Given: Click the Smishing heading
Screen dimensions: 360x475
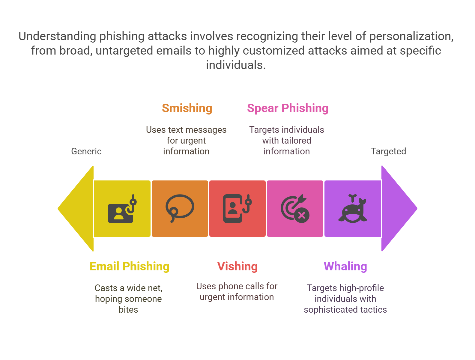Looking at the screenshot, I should point(187,108).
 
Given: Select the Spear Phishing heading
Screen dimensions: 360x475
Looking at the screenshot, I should point(288,108).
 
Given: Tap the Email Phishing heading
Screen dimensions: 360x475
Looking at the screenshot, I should point(130,266).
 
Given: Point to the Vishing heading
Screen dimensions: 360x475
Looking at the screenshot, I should point(237,266).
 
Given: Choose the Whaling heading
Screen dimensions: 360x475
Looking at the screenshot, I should point(345,266).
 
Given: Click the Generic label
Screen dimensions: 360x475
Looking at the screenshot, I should point(86,151).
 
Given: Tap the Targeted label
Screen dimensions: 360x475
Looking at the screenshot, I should point(388,151).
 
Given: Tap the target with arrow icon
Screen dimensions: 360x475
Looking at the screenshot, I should point(295,209).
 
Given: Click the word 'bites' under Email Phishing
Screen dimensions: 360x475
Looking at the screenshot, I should point(128,310).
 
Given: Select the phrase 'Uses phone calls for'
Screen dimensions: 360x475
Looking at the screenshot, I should point(237,286).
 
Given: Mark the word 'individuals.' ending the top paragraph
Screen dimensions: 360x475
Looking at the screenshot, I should point(236,65).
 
